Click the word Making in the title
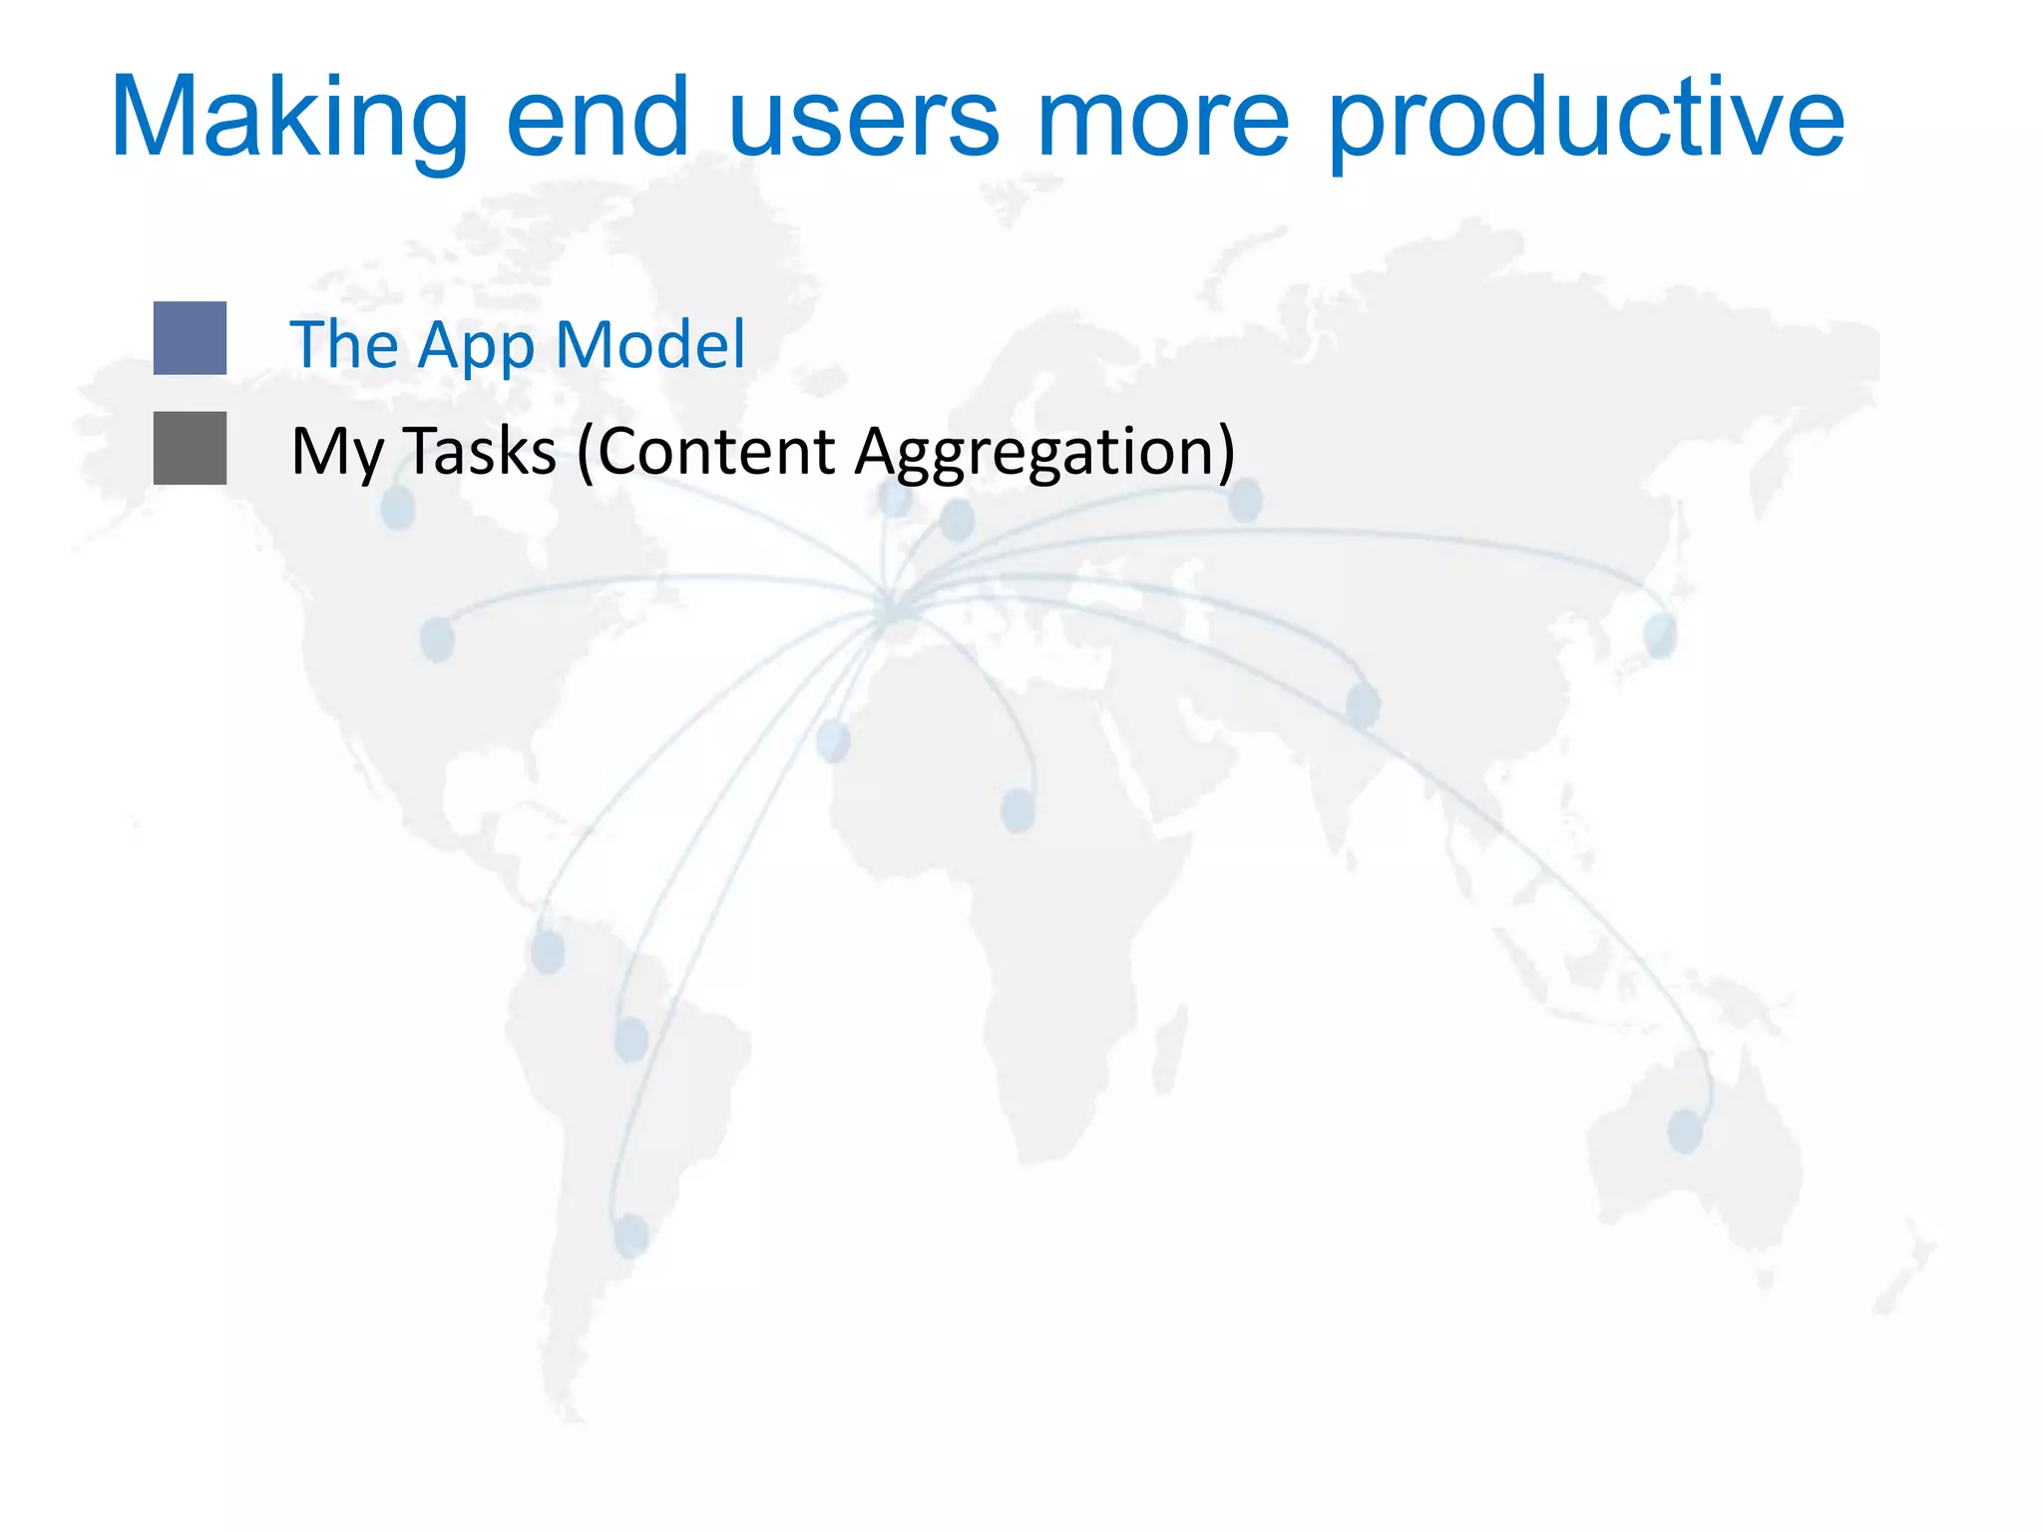(288, 120)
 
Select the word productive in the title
(1586, 120)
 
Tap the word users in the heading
(863, 120)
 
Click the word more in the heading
(1163, 120)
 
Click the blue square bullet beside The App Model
(190, 338)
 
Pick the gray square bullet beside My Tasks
(190, 448)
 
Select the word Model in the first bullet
(649, 344)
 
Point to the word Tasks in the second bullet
(480, 451)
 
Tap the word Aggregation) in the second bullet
(1045, 452)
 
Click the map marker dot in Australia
(1685, 1131)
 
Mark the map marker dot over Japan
(1660, 635)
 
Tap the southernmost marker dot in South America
(630, 1235)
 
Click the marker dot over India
(1363, 705)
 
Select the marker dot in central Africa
(1018, 809)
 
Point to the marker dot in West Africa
(833, 740)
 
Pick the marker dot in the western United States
(437, 638)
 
